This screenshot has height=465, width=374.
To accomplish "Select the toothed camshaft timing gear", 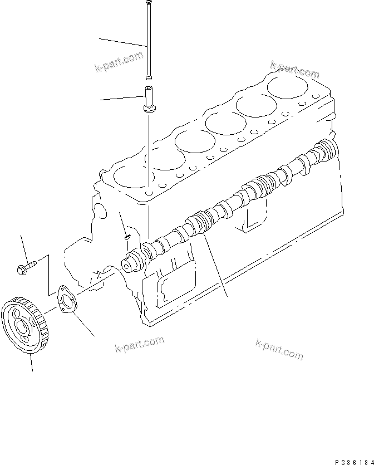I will click(x=26, y=326).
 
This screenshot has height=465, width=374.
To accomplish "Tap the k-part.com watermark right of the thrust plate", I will click(x=139, y=343).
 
